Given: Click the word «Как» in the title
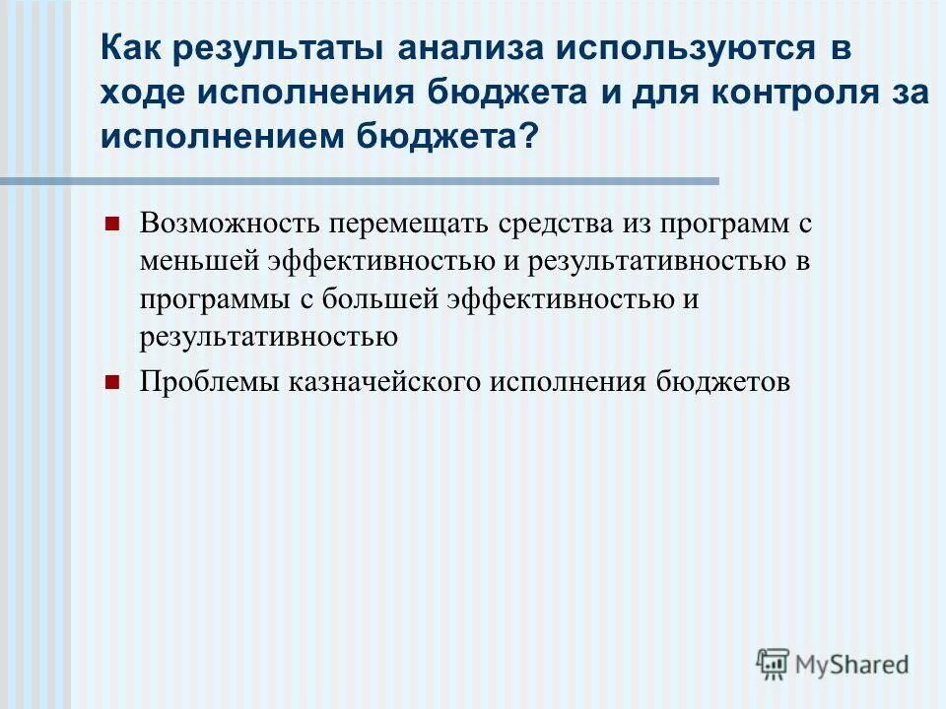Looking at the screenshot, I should [x=132, y=50].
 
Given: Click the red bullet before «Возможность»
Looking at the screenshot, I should [x=111, y=223].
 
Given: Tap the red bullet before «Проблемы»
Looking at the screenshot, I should [x=111, y=382].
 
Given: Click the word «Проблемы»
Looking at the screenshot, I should [x=205, y=382].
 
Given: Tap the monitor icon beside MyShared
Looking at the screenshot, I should [x=773, y=664].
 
